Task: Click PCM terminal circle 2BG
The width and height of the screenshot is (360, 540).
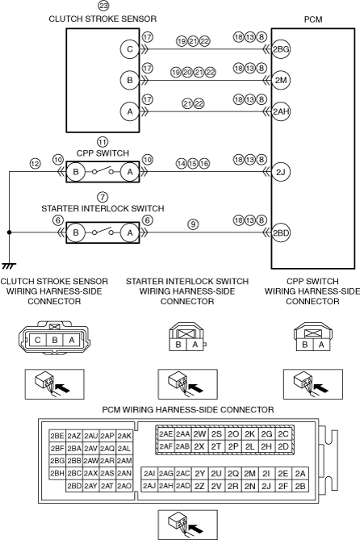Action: click(x=281, y=49)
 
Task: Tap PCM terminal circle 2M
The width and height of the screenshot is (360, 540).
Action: click(x=281, y=80)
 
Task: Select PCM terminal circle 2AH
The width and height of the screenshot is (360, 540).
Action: click(x=281, y=111)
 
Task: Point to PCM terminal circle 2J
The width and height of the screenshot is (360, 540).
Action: click(x=281, y=171)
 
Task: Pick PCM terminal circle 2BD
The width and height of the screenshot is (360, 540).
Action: click(x=281, y=232)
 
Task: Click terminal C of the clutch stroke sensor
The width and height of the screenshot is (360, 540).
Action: click(x=130, y=49)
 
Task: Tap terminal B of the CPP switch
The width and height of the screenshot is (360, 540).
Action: click(x=76, y=171)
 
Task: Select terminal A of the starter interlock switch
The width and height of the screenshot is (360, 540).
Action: click(x=130, y=232)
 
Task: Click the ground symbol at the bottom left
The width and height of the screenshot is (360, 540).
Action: click(x=9, y=266)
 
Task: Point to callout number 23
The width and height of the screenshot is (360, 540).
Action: click(x=103, y=6)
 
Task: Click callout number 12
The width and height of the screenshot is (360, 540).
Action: click(x=35, y=163)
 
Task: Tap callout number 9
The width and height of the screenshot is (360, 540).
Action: click(x=193, y=224)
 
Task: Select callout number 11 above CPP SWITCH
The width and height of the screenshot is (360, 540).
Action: click(x=103, y=142)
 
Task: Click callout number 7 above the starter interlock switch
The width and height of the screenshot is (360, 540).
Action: click(x=103, y=197)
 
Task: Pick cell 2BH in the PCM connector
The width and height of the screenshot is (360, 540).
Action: click(x=57, y=474)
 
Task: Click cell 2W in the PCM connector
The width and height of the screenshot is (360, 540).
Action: click(x=199, y=434)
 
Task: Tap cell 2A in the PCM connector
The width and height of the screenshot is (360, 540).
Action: click(x=300, y=474)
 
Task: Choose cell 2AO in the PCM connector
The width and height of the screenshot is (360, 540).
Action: click(x=124, y=486)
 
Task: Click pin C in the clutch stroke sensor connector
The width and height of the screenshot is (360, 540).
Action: click(x=38, y=341)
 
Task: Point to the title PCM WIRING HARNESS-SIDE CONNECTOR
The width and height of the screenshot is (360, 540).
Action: click(x=188, y=410)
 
